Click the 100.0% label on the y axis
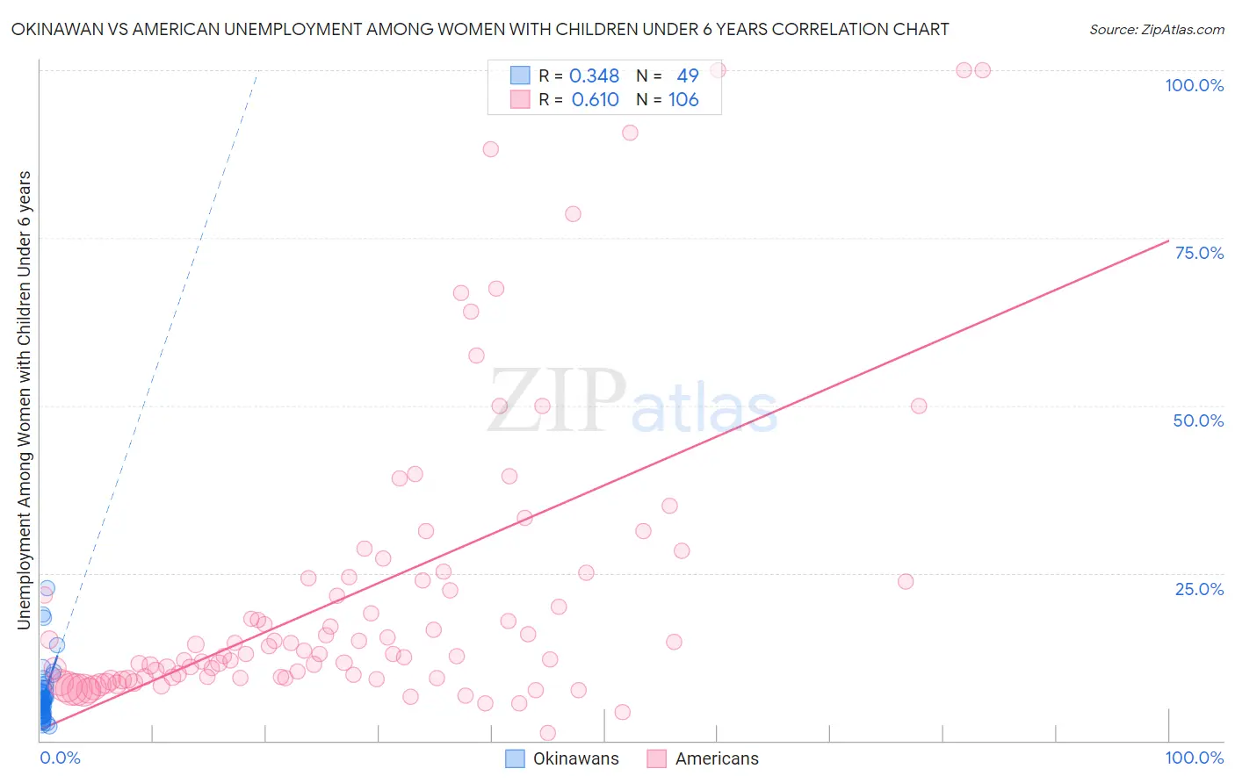(1194, 85)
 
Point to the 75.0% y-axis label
(1199, 253)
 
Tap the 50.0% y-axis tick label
(1198, 420)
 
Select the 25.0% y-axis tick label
(1199, 589)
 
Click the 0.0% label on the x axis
(60, 758)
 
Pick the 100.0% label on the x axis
(1194, 758)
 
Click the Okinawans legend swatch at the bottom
(516, 758)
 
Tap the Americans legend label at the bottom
(717, 758)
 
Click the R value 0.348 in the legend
(595, 76)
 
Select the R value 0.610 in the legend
(596, 100)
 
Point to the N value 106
(683, 100)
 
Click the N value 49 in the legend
(688, 76)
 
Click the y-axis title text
(25, 399)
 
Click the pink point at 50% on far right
(919, 406)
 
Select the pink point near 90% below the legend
(630, 133)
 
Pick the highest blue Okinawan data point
(47, 588)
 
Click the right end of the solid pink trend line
(1168, 241)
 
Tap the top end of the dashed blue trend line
(256, 75)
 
